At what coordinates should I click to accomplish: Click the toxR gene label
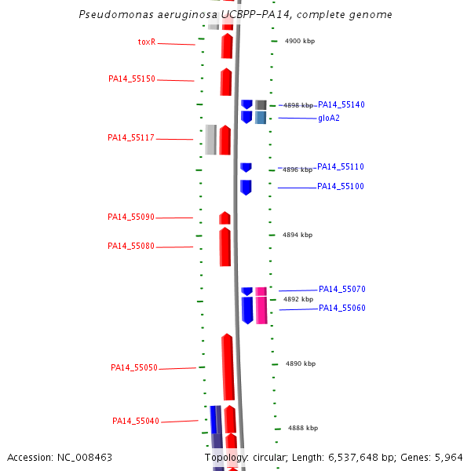147,42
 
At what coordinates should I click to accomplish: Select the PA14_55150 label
132,79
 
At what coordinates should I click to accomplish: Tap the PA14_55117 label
131,138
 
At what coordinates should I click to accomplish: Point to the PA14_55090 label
131,217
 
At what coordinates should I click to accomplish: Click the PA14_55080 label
131,246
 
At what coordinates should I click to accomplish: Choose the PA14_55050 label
134,367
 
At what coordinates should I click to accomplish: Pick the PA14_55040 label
136,422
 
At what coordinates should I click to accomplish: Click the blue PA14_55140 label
341,104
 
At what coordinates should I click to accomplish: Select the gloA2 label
329,119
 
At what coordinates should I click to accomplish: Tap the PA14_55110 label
341,167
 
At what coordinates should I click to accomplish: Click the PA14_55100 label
341,187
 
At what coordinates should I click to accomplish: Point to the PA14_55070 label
342,290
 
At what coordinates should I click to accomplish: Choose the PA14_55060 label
342,309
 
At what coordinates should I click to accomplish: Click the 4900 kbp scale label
300,41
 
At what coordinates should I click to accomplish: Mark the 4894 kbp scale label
298,235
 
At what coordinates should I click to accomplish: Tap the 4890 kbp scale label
301,363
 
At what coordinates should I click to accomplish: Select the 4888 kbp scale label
303,428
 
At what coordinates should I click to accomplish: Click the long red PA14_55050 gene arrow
228,367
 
